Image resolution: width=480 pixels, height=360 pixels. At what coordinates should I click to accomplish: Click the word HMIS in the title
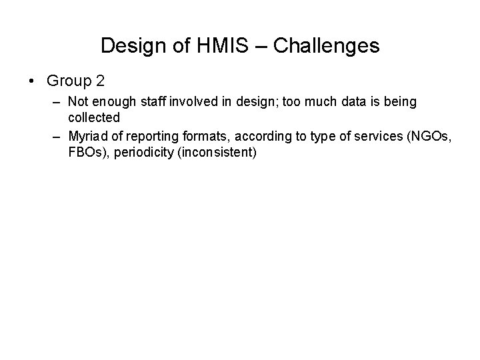(214, 45)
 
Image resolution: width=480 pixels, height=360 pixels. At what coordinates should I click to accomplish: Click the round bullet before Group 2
(32, 81)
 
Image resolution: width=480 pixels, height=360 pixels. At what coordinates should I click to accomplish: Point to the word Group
(69, 81)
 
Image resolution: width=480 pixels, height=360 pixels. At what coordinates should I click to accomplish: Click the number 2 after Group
(100, 81)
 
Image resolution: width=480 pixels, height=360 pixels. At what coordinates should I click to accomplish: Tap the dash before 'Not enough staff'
(57, 103)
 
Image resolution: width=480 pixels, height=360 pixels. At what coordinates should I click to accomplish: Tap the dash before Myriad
(57, 137)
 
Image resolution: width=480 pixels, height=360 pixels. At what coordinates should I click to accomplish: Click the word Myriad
(87, 137)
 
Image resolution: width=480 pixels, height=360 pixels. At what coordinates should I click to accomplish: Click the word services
(370, 137)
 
